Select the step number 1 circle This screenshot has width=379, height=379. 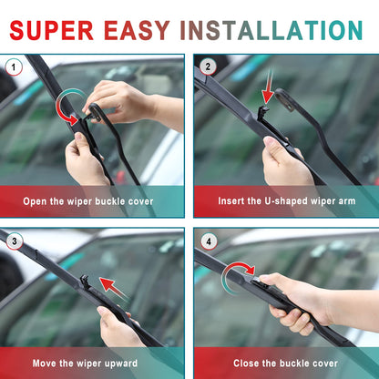tap(14, 67)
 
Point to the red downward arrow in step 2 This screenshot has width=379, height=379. tap(267, 92)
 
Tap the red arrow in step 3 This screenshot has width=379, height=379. tap(113, 290)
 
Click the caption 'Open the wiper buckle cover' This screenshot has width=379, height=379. tap(88, 200)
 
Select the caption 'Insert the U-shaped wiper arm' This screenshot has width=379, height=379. tap(286, 200)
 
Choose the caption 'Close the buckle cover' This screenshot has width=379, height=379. tap(286, 364)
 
